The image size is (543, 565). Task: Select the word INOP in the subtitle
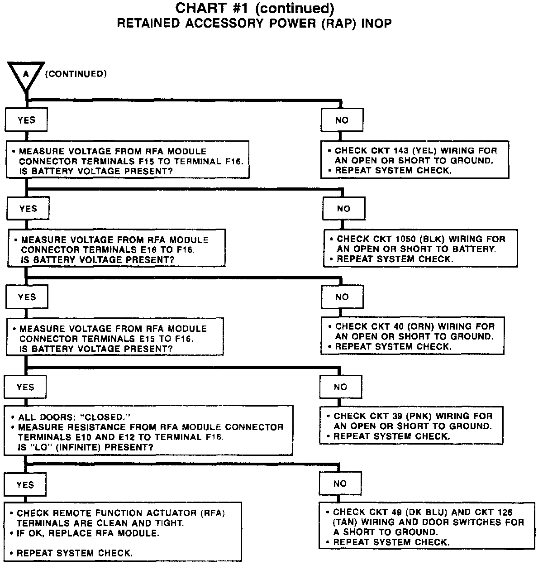(x=376, y=24)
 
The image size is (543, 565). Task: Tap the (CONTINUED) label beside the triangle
(x=76, y=74)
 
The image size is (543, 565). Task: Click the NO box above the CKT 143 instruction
(x=342, y=120)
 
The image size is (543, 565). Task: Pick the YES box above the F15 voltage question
(x=26, y=120)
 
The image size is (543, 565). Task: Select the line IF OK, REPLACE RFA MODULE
(x=88, y=533)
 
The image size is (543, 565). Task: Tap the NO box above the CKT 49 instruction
(x=340, y=484)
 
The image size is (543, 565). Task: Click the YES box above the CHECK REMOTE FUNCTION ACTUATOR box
(x=25, y=485)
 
